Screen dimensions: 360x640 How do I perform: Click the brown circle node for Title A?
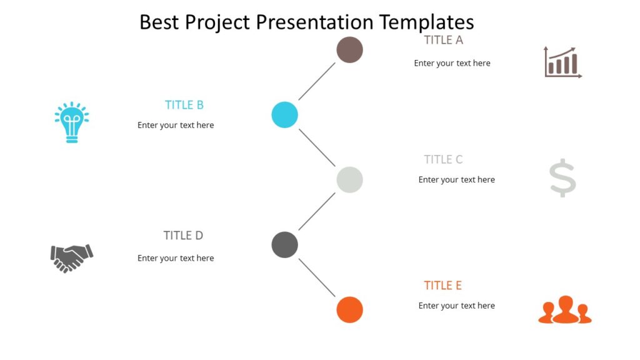point(349,50)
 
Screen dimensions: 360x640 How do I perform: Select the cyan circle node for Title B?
point(284,115)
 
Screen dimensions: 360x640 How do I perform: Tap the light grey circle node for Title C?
point(349,180)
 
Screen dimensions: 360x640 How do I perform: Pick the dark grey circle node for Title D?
point(284,244)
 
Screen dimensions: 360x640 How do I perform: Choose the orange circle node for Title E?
point(349,309)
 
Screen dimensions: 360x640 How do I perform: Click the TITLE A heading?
point(443,40)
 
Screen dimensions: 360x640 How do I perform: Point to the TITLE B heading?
point(184,105)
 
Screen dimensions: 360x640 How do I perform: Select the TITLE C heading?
point(443,159)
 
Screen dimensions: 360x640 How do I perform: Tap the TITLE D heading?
point(183,236)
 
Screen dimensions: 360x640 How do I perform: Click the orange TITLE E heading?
point(442,286)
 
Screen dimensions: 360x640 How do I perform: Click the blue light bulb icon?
point(72,122)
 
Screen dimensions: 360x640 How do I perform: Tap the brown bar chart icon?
point(562,62)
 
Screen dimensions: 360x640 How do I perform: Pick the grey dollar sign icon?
point(562,178)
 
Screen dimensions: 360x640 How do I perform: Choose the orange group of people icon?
point(565,310)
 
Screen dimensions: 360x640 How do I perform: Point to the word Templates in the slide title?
point(426,22)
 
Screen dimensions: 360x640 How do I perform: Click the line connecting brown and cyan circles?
point(317,82)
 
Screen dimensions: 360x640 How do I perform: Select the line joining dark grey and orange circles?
point(317,277)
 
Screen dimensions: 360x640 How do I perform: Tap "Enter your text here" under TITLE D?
point(176,258)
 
